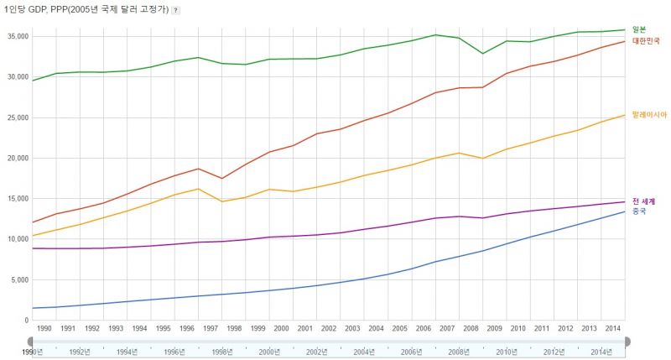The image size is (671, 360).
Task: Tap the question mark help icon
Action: (175, 9)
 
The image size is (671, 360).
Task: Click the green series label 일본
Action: (639, 29)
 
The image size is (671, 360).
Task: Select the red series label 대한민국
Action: (646, 40)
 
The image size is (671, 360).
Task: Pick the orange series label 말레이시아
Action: (649, 115)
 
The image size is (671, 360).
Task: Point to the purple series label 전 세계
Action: (643, 201)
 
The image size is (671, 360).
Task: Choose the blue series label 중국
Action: (639, 211)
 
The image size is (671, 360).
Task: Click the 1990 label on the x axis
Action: (44, 329)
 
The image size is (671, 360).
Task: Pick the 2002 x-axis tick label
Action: (329, 329)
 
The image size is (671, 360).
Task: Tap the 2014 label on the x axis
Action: (613, 329)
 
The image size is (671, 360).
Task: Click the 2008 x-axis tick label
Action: (471, 329)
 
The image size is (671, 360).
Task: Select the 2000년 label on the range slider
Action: (271, 352)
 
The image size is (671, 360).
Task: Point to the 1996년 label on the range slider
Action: (176, 352)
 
